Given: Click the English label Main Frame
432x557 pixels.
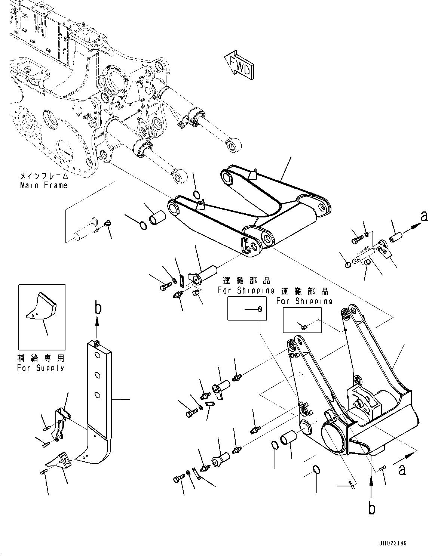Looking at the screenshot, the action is click(x=44, y=185).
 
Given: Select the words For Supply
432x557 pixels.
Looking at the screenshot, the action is click(x=40, y=368).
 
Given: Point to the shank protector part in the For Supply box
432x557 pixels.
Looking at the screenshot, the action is click(x=41, y=306).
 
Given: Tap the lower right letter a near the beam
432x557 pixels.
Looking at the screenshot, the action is click(x=402, y=470).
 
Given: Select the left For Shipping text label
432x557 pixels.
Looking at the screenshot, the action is click(x=246, y=290).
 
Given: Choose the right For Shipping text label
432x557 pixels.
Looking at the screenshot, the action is click(x=304, y=301).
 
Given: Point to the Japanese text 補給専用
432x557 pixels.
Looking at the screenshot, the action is click(x=41, y=358).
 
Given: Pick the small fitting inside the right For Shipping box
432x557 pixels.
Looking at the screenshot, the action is click(x=303, y=327).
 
